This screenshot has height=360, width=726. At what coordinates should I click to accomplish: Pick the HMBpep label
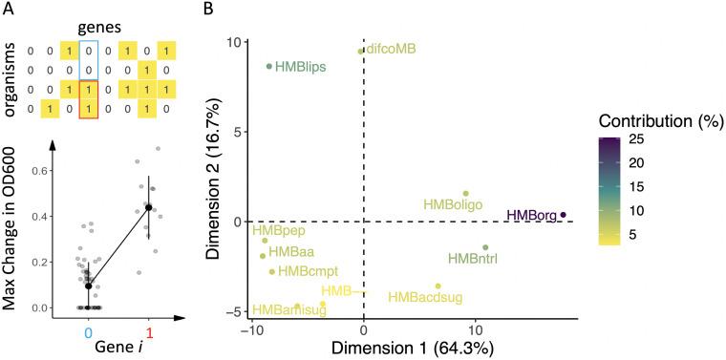click(x=274, y=230)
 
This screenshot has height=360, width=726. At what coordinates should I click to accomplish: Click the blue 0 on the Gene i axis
click(x=88, y=332)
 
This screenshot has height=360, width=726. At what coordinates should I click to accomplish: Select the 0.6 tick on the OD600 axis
click(x=40, y=170)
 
